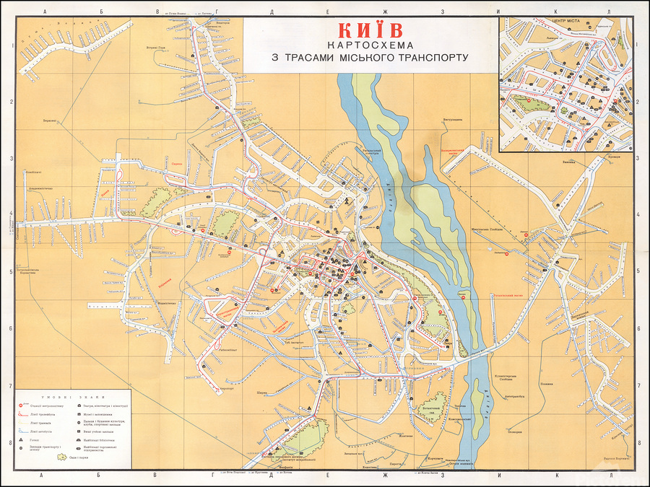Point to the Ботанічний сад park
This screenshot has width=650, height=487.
pyautogui.click(x=433, y=408)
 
